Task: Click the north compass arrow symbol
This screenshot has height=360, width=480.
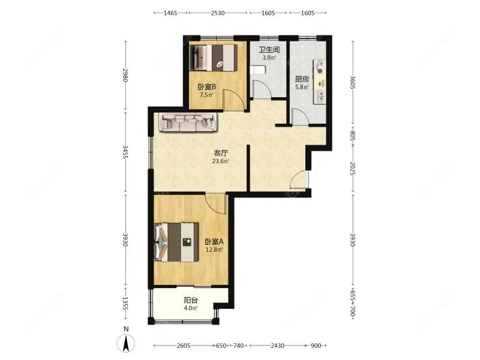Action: [126, 343]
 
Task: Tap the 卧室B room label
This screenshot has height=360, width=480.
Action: [206, 87]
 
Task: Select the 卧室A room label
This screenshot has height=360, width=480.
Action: [214, 242]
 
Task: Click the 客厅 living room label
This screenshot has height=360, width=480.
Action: [220, 152]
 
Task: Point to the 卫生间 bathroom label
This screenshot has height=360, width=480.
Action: [269, 50]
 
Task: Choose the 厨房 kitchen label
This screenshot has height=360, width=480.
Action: [302, 79]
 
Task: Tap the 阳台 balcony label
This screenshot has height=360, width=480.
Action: [190, 300]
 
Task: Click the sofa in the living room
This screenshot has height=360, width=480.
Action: [188, 122]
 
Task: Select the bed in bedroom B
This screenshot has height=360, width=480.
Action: [213, 58]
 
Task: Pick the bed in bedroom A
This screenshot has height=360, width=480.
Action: [176, 242]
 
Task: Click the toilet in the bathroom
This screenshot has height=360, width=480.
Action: [258, 70]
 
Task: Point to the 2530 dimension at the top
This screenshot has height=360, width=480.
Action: [218, 13]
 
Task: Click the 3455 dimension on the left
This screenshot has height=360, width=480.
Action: [125, 152]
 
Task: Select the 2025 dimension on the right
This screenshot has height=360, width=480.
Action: [352, 169]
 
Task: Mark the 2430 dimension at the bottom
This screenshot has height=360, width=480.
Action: [277, 346]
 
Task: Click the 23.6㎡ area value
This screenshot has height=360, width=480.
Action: [221, 161]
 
